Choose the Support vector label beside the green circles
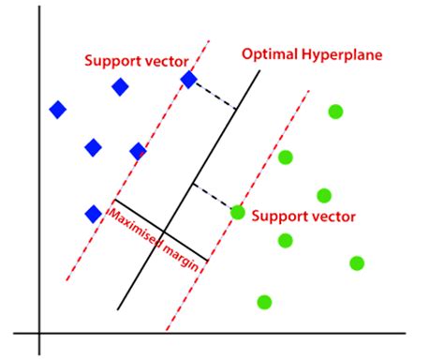(303, 217)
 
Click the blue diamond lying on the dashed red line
(188, 80)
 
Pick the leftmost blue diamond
(58, 110)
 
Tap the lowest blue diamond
(93, 214)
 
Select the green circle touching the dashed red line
(238, 212)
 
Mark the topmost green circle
(335, 112)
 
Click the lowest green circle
(264, 302)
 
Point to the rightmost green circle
(357, 262)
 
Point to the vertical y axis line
(39, 187)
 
